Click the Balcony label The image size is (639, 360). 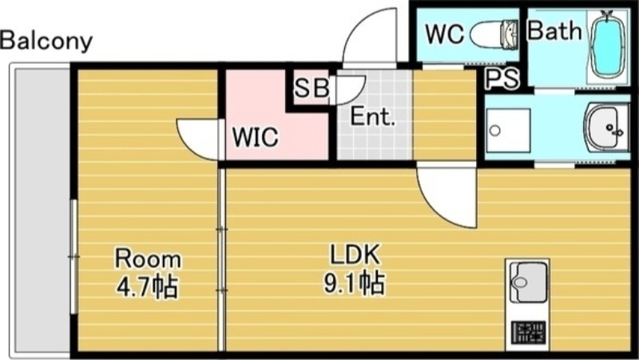coord(46,41)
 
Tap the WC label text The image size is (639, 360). coord(445,34)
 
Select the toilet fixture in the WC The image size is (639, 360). coord(493,34)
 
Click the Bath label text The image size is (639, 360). coord(555,32)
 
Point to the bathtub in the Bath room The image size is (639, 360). coord(608,46)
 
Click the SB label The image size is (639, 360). coord(311,89)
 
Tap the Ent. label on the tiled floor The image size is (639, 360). coord(374,118)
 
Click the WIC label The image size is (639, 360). coord(255,137)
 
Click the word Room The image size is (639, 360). coord(148,259)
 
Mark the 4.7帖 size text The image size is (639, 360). coord(148,286)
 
